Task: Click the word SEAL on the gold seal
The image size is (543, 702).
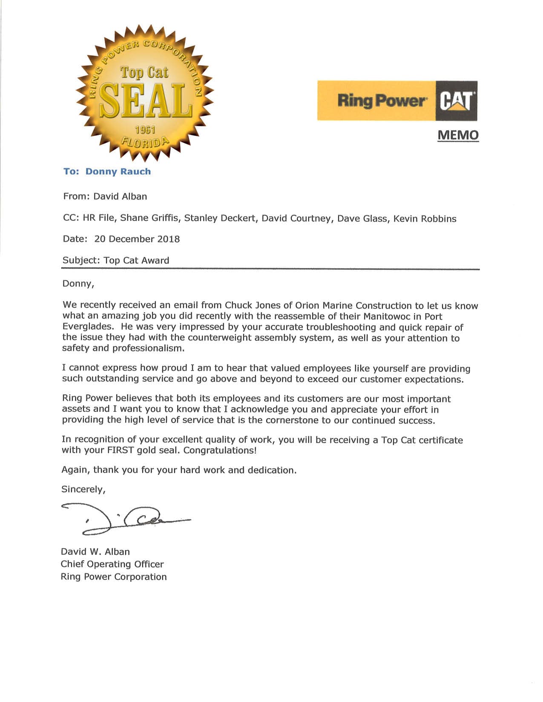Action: pos(145,100)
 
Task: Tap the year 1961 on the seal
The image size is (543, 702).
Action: pos(145,130)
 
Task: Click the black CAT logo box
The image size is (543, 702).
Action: pos(456,101)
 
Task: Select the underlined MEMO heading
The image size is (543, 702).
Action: pos(458,135)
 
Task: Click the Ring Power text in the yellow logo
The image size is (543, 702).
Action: pos(381,101)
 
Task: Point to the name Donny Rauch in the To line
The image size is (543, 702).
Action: pos(118,171)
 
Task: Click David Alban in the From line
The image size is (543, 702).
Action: pos(120,197)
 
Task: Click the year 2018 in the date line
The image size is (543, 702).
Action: pos(168,239)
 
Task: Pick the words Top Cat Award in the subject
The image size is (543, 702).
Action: pos(136,260)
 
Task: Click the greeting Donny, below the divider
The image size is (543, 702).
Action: pos(78,284)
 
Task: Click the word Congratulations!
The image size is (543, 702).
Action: pos(220,450)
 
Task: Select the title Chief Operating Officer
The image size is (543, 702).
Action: pos(112,564)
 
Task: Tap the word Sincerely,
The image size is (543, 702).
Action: pos(83,489)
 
